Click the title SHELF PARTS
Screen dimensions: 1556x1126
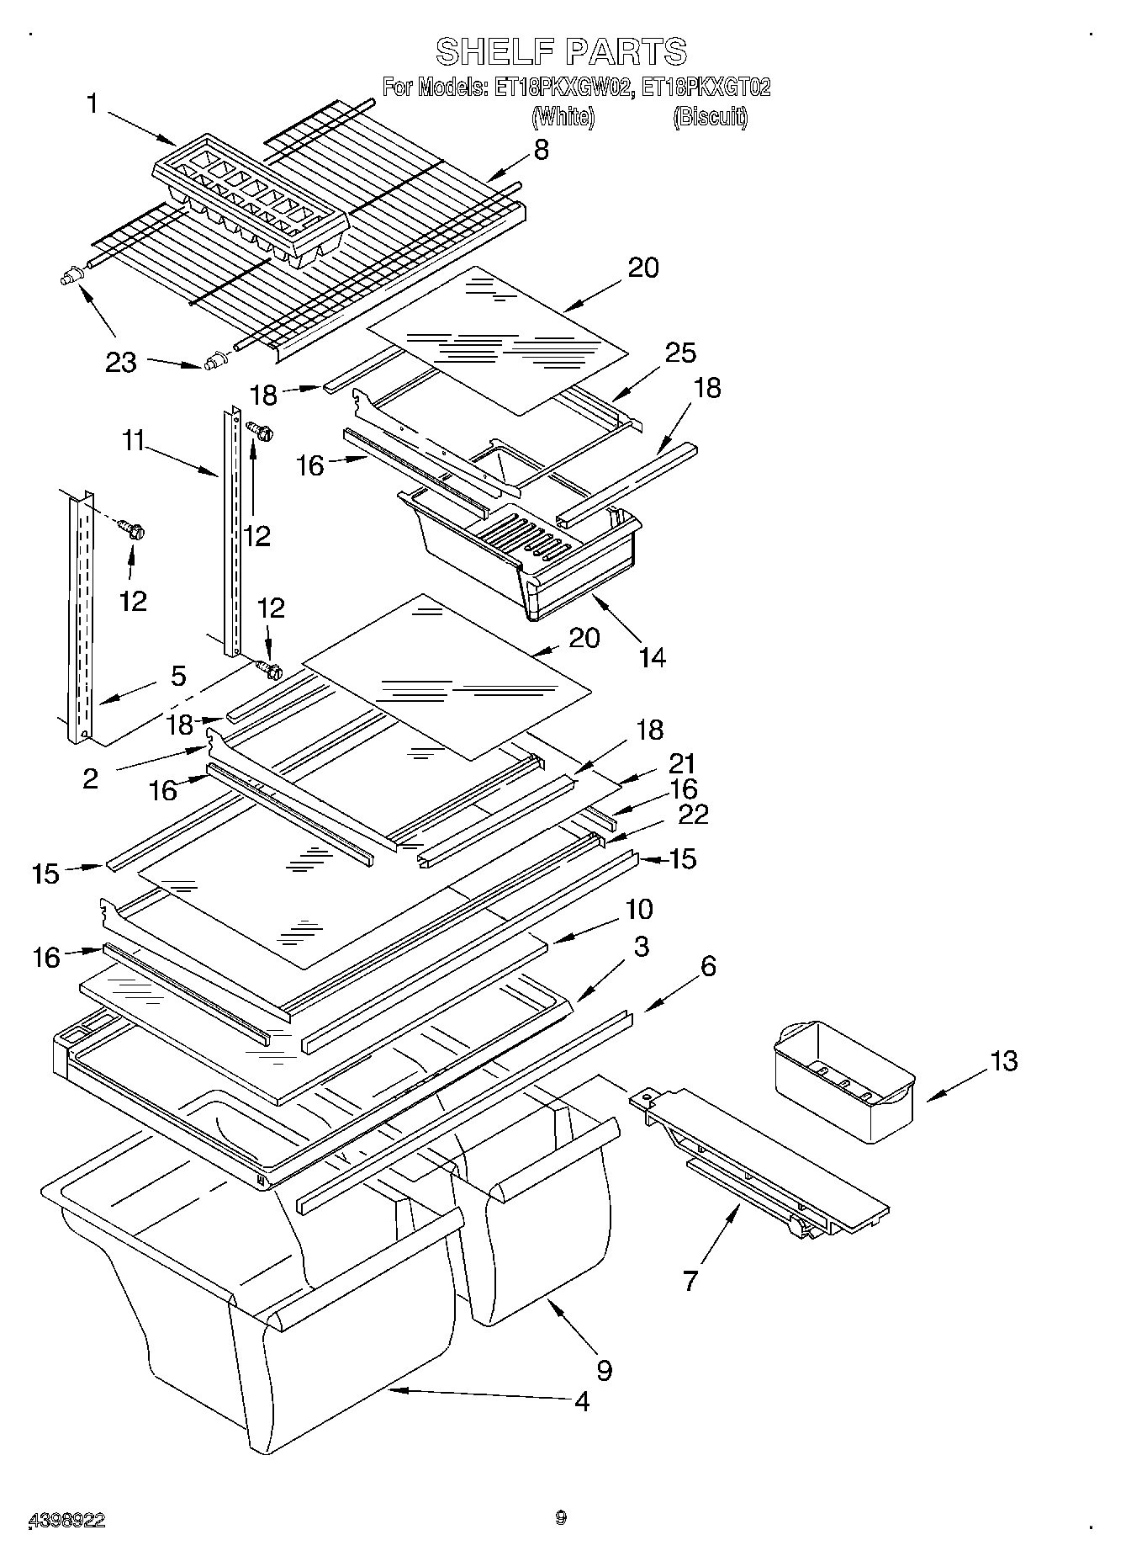click(x=561, y=52)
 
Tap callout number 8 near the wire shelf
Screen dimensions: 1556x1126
click(x=541, y=150)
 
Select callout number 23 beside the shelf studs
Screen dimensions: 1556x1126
click(x=121, y=363)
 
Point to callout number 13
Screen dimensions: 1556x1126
click(x=1002, y=1060)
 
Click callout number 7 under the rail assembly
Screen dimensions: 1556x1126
click(x=690, y=1281)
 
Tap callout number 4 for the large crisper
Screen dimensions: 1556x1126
click(x=581, y=1401)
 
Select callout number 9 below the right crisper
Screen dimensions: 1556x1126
click(x=604, y=1370)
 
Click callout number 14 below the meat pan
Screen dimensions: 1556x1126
click(x=652, y=656)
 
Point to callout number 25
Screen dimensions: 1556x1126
click(x=680, y=353)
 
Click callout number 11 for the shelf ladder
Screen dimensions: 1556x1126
click(x=133, y=440)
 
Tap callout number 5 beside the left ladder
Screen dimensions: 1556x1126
click(x=178, y=676)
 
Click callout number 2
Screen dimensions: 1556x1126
click(x=91, y=778)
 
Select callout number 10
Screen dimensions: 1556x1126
click(x=639, y=910)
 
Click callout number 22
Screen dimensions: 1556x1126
click(x=694, y=814)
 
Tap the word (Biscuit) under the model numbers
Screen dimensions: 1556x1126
click(x=711, y=117)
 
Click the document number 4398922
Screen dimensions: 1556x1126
click(x=66, y=1520)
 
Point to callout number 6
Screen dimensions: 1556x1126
click(x=708, y=967)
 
